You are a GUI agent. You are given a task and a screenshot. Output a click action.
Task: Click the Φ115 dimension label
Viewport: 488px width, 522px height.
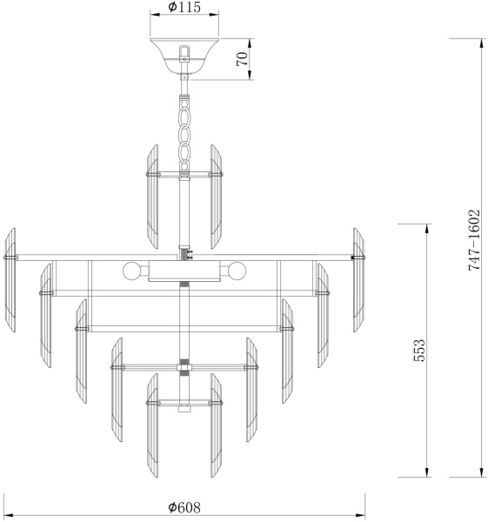(x=184, y=7)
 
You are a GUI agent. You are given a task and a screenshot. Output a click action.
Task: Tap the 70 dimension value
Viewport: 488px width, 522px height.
(x=243, y=59)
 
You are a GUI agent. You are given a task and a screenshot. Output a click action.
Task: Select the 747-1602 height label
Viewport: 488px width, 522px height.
(x=474, y=240)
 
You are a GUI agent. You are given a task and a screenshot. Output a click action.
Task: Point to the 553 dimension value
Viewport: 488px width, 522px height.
(x=419, y=351)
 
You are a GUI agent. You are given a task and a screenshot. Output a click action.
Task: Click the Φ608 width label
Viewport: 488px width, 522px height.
(x=184, y=507)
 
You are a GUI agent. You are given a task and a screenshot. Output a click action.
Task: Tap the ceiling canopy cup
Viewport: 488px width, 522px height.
(x=184, y=56)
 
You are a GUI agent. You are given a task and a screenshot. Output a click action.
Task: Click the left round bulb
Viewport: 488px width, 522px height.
(x=130, y=271)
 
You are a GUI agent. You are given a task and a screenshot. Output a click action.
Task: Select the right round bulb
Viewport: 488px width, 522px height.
(x=237, y=271)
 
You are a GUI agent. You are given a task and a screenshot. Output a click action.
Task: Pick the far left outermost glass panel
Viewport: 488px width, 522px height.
(x=10, y=280)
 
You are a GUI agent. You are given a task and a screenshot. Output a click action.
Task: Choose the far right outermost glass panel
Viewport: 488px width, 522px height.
(x=359, y=280)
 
